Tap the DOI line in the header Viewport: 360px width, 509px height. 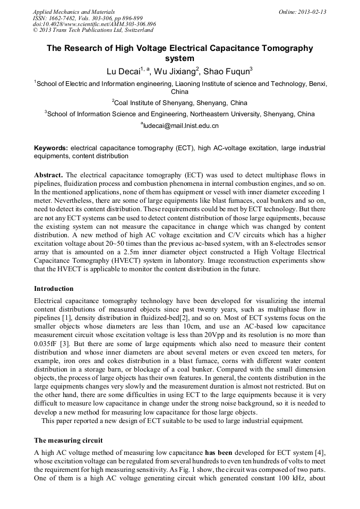(94, 24)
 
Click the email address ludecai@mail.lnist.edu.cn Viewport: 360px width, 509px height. (181, 126)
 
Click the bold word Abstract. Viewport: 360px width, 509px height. (49, 175)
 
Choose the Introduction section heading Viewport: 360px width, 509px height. (54, 289)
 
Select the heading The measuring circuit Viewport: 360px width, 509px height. (68, 441)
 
